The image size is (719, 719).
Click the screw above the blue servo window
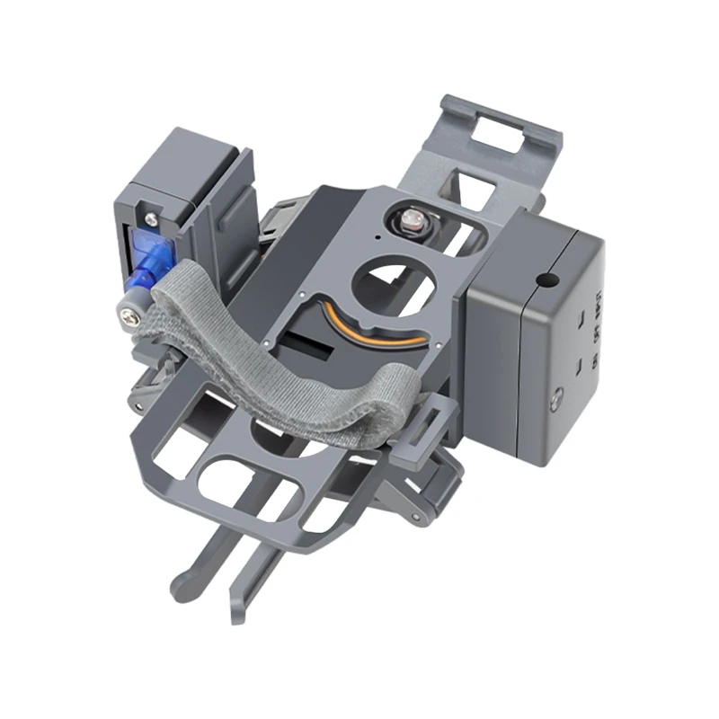pos(150,216)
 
